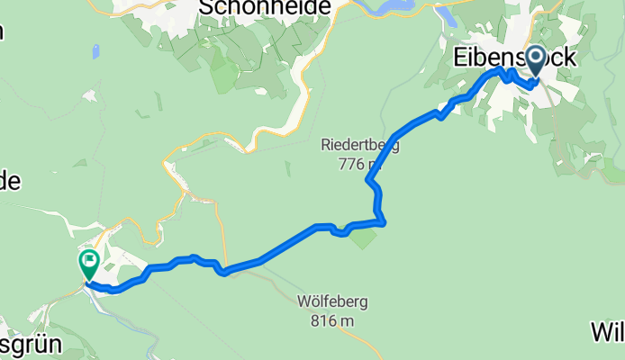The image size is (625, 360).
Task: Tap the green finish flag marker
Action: [88, 264]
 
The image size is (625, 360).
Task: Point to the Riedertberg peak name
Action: [359, 146]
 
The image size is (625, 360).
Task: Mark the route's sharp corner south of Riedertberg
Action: [385, 221]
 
